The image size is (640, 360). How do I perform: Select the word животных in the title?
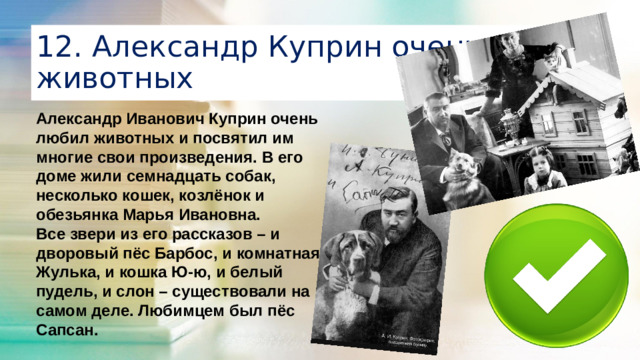pyautogui.click(x=110, y=78)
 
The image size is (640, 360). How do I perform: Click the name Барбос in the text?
pyautogui.click(x=215, y=251)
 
